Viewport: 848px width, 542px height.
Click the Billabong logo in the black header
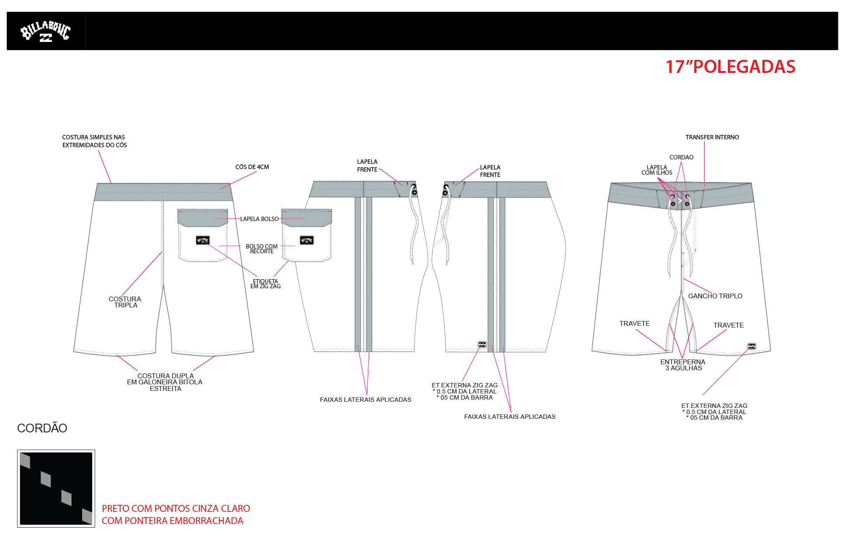pos(45,31)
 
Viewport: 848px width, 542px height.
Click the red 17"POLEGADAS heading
pos(730,67)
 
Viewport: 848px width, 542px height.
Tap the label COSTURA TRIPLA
pos(125,302)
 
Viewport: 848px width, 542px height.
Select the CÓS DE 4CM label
pos(252,167)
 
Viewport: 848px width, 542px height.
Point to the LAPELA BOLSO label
pos(259,219)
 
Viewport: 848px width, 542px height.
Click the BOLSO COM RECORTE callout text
pos(262,249)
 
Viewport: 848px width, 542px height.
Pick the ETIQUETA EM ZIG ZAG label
pos(265,284)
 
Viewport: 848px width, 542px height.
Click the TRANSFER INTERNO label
pos(712,137)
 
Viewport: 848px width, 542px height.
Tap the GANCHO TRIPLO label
pos(715,296)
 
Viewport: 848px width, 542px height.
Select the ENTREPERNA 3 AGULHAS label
pos(683,365)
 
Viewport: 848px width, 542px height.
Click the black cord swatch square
pos(56,488)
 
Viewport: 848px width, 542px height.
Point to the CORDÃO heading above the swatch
pos(42,428)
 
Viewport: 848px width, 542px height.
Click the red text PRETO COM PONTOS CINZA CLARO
pos(176,508)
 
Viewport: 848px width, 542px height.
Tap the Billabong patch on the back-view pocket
pos(203,240)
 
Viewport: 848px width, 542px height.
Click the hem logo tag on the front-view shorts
pos(751,346)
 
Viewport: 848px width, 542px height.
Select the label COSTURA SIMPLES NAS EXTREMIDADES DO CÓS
pos(94,141)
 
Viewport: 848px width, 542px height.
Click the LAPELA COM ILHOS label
pos(657,170)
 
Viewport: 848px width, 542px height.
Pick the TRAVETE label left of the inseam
pos(634,323)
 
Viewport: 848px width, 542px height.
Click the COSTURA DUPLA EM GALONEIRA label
pos(165,382)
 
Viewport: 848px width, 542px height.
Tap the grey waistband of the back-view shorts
pos(163,192)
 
